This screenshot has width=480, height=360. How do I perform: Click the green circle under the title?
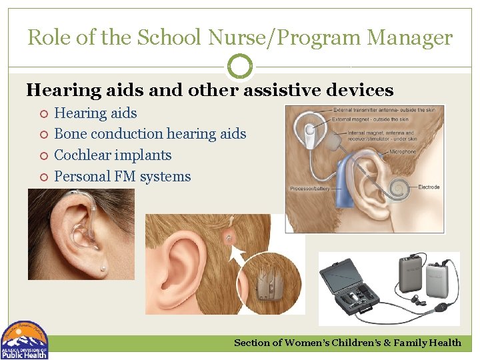(x=240, y=66)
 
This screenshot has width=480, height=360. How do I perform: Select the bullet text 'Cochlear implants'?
(x=113, y=155)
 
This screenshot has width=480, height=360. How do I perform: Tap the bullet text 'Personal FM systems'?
(x=122, y=177)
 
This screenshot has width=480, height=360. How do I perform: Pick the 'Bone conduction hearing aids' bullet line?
(x=150, y=134)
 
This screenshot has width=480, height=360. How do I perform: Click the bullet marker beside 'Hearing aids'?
(x=42, y=114)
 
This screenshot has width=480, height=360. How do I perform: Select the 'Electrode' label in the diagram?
(x=429, y=187)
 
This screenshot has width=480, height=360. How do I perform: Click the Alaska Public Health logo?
(x=24, y=340)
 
